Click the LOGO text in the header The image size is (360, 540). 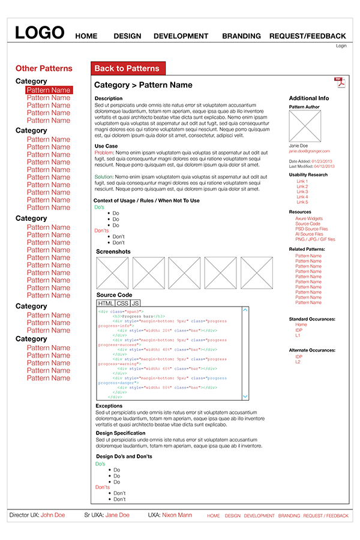40,33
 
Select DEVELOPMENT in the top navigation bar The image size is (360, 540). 181,36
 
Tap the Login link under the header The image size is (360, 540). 341,46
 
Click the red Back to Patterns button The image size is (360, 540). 127,68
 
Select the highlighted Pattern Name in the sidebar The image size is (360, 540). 49,90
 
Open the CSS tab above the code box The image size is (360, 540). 123,304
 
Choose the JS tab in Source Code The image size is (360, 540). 136,304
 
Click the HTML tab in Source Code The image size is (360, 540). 106,304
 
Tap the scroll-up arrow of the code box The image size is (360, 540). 245,310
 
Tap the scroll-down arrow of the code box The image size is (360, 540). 245,396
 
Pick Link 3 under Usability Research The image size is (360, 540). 302,192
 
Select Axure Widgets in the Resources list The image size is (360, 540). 308,219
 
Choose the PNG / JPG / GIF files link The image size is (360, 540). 315,239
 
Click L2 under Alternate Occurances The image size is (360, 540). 298,362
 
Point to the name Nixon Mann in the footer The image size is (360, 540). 177,515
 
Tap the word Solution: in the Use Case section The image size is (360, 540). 104,177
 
